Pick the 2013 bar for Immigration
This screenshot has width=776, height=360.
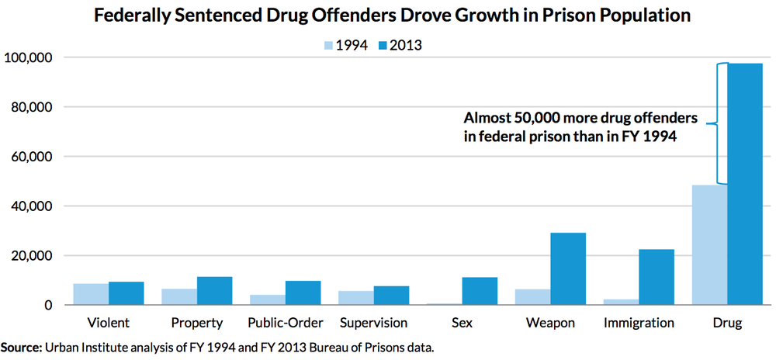[656, 277]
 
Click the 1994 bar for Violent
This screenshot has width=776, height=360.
[91, 295]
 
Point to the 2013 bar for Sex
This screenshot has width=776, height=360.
[480, 291]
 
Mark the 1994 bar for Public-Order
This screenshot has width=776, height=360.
[268, 299]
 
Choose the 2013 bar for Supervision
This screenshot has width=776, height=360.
[391, 296]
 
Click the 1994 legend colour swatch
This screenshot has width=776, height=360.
[327, 45]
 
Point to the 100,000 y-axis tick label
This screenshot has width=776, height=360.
[28, 57]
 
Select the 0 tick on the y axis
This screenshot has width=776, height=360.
[48, 306]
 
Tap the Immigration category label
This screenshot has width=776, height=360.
[639, 323]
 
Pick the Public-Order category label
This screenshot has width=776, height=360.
[284, 323]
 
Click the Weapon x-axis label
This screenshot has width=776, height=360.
[550, 323]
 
